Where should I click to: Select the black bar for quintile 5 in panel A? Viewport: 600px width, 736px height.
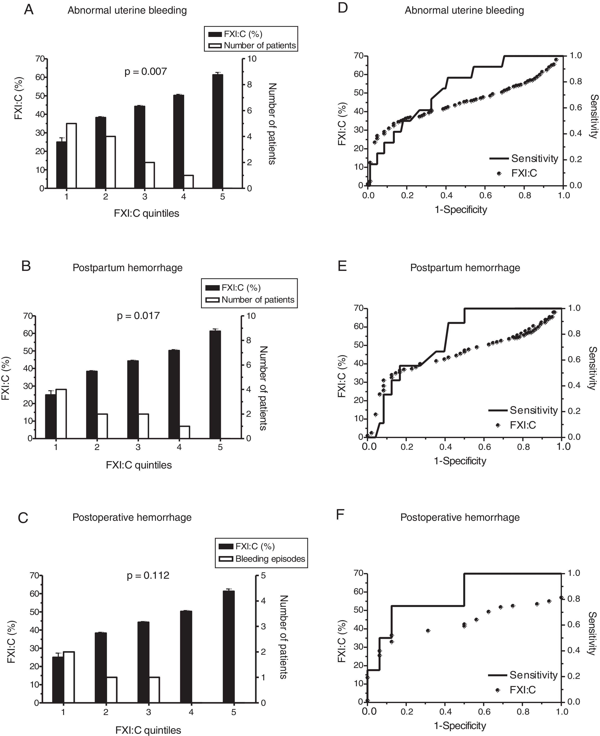(218, 131)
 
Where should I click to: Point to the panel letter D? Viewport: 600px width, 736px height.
(342, 9)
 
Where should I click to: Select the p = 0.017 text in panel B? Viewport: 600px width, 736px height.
(138, 316)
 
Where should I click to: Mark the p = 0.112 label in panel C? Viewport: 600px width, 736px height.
(148, 576)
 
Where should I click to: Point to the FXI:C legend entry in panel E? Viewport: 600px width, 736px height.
(523, 425)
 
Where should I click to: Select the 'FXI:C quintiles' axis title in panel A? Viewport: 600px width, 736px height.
(147, 213)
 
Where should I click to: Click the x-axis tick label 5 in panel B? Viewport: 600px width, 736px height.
(220, 447)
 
